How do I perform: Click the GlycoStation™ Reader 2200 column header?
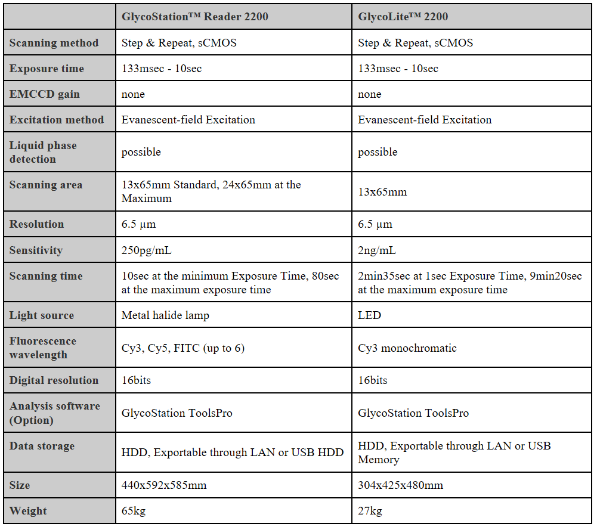195,17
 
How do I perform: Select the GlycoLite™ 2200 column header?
403,17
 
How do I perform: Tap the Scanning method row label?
54,43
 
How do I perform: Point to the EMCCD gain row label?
44,94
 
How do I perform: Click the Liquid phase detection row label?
43,152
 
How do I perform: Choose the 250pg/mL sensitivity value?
147,250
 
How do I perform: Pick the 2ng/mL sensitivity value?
377,250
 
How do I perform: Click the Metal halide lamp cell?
165,315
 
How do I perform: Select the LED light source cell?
369,315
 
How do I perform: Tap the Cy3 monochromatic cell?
407,348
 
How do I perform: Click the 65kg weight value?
134,511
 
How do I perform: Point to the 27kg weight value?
370,511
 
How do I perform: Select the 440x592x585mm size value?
164,485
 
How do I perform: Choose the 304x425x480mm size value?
400,485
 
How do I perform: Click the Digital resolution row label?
54,380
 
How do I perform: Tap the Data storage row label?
42,446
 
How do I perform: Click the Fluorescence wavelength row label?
43,348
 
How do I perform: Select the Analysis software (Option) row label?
55,413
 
